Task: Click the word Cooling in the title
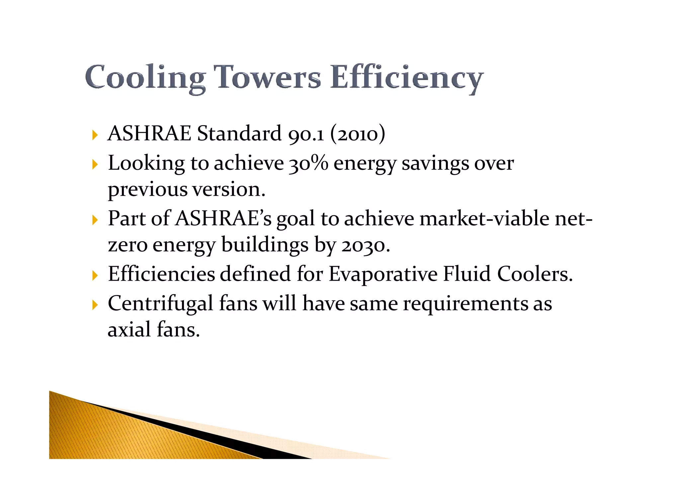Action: pyautogui.click(x=145, y=78)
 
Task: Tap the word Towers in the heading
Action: pyautogui.click(x=267, y=77)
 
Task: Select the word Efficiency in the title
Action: pyautogui.click(x=406, y=78)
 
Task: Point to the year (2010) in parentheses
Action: pyautogui.click(x=358, y=134)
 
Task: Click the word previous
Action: pyautogui.click(x=148, y=190)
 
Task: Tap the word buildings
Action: pyautogui.click(x=265, y=245)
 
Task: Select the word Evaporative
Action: pyautogui.click(x=383, y=274)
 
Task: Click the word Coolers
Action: pyautogui.click(x=535, y=274)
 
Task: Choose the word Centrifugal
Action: pyautogui.click(x=160, y=304)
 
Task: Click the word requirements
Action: pyautogui.click(x=466, y=304)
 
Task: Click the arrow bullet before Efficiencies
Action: pyautogui.click(x=95, y=275)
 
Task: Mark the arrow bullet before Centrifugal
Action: pyautogui.click(x=95, y=305)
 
